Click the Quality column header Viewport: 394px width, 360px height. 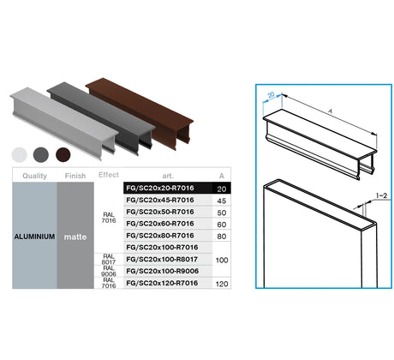point(34,176)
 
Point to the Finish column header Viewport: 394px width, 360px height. point(76,176)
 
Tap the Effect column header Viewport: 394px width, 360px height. point(109,175)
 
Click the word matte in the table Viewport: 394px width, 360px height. point(76,236)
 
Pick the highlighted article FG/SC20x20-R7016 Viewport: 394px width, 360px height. point(159,189)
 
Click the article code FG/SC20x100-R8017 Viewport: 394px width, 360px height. point(160,259)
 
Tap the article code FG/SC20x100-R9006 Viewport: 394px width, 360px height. point(160,270)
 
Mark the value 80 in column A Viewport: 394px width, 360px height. point(222,235)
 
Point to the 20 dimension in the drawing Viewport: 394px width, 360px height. point(269,96)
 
